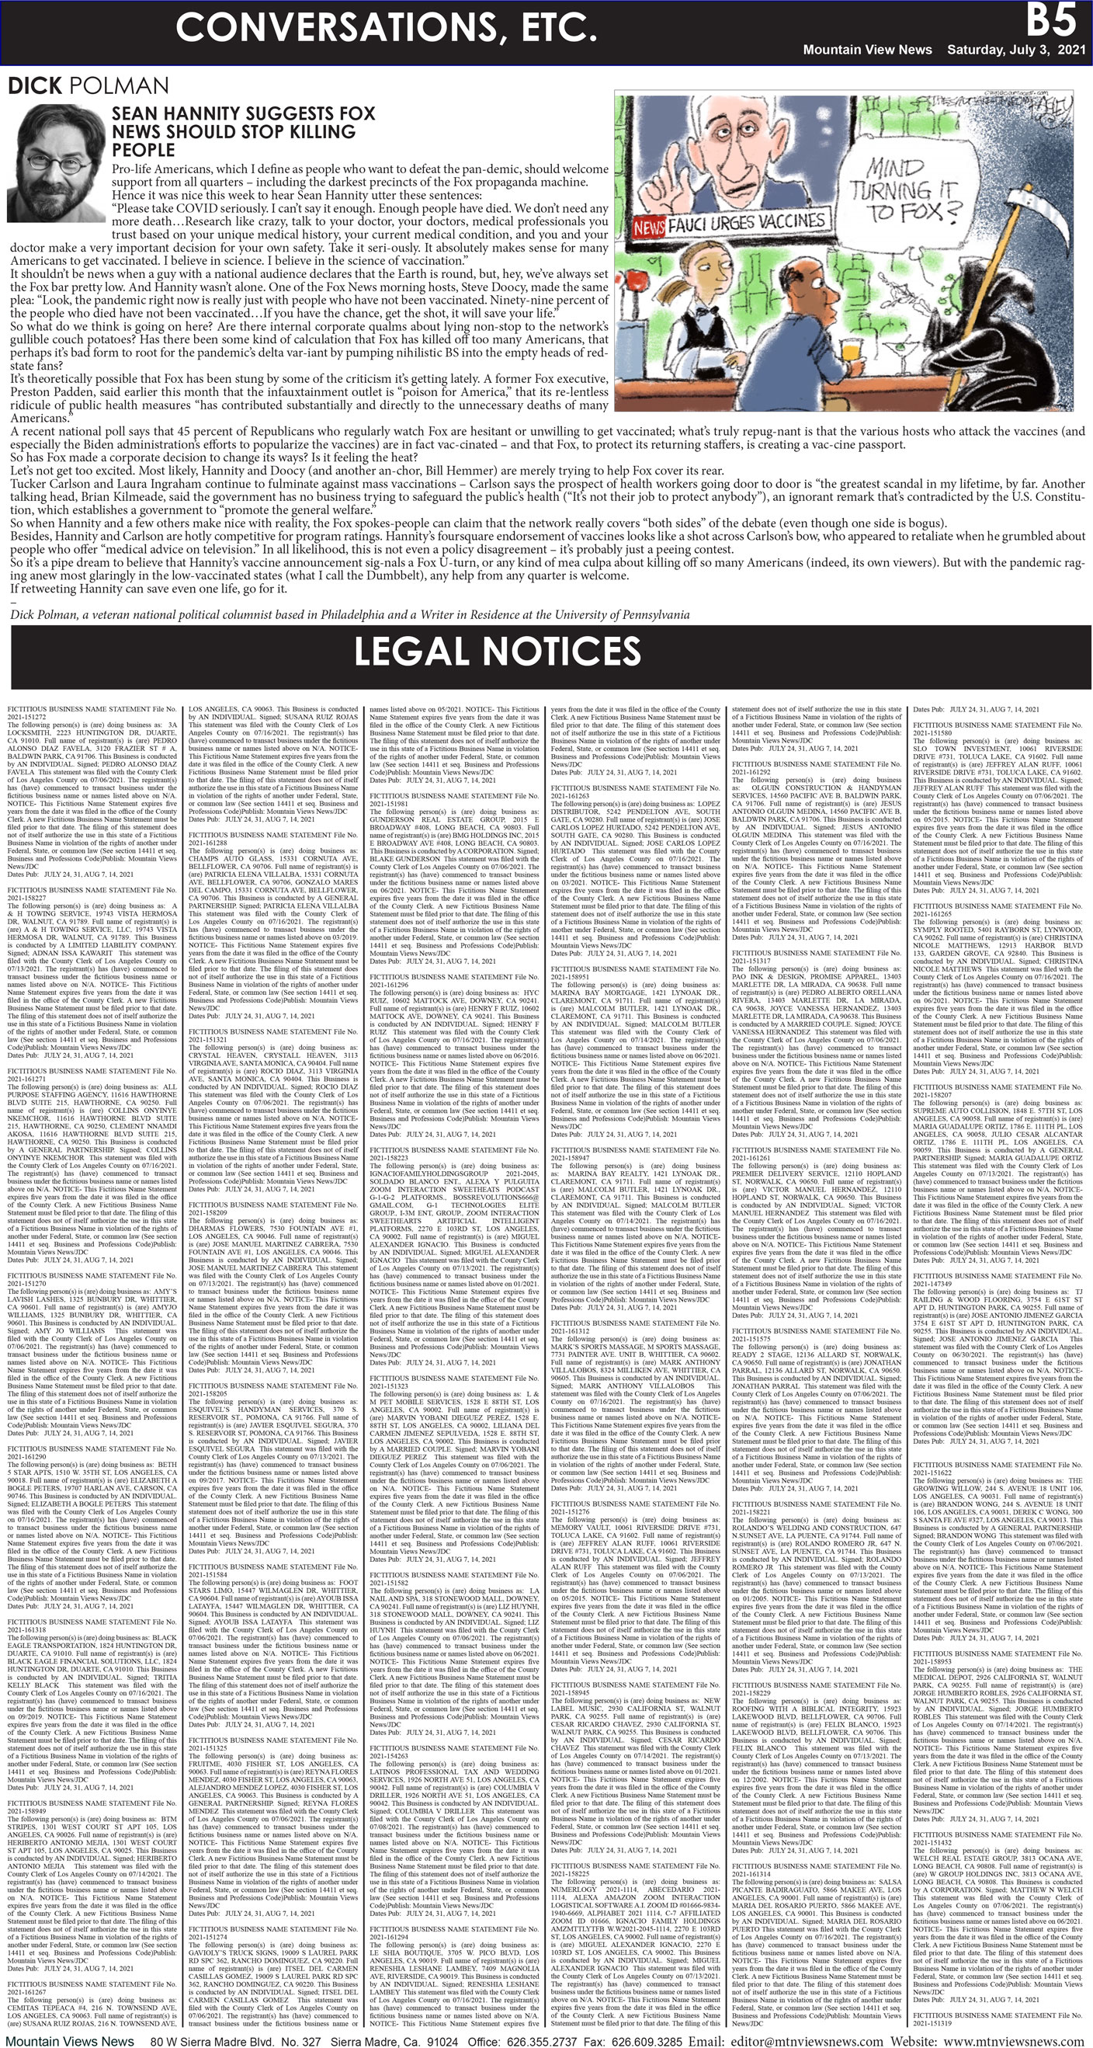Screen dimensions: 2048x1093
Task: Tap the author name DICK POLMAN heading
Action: point(88,86)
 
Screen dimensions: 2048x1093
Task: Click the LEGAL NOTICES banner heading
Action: point(497,651)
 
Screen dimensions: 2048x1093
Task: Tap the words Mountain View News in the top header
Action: point(866,50)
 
